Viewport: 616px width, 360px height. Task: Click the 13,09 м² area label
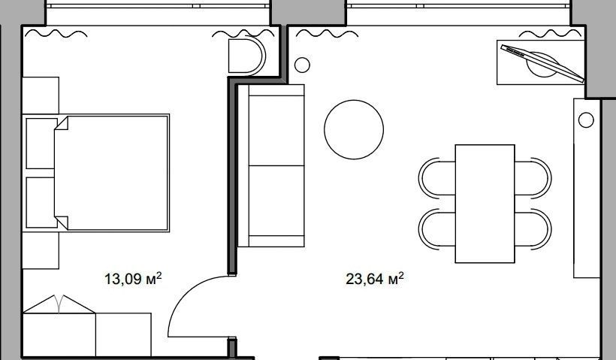pos(133,279)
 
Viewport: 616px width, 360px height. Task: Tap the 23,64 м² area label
pos(374,279)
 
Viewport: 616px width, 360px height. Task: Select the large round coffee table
pos(354,130)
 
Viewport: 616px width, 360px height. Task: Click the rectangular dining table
pos(485,204)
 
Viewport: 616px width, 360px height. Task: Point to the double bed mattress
pos(112,173)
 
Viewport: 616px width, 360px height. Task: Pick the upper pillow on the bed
pos(41,144)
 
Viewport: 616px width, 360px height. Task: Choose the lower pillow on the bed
pos(41,202)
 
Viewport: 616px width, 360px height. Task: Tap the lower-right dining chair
pos(533,229)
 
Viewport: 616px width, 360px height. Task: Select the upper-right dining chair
pos(533,177)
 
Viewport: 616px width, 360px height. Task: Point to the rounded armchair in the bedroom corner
pos(246,56)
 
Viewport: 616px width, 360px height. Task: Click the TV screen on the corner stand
pos(542,63)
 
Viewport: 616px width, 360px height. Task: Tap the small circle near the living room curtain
pos(302,65)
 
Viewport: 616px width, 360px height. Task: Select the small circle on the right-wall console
pos(586,119)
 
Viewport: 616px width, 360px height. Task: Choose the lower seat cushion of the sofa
pos(276,201)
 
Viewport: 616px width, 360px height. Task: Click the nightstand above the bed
pos(41,95)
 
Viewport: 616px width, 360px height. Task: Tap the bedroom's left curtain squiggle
pos(56,34)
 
